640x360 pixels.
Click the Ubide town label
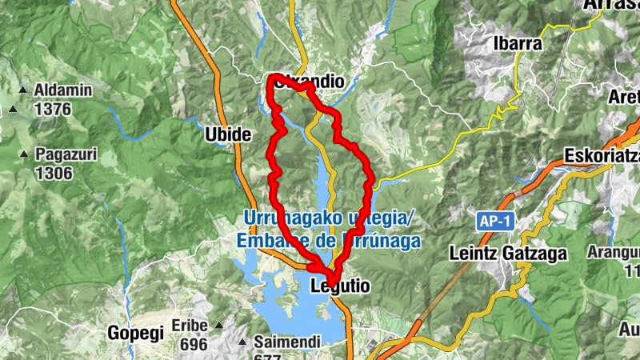coord(229,134)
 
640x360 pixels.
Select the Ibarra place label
coord(518,43)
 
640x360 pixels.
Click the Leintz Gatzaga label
coord(508,254)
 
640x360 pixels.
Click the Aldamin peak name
coord(63,91)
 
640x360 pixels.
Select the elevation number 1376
coord(53,109)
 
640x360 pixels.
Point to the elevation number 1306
coord(53,173)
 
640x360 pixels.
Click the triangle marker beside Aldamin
coord(24,90)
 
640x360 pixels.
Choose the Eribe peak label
coord(190,326)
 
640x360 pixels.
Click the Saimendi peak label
coord(287,342)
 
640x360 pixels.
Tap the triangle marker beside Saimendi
coord(243,342)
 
